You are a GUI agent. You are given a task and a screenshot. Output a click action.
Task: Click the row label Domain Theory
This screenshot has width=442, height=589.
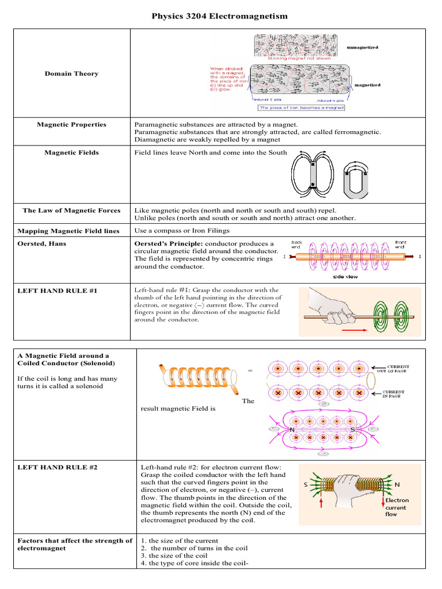pos(71,74)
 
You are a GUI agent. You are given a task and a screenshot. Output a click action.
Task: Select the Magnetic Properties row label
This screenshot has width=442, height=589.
pos(71,124)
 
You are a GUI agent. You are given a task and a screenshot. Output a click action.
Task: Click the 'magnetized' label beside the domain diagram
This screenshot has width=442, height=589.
pos(366,85)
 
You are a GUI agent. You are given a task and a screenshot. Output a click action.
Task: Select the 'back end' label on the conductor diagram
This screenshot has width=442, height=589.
pos(297,244)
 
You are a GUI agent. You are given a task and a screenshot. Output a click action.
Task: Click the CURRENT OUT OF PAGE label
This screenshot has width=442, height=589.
pos(398,369)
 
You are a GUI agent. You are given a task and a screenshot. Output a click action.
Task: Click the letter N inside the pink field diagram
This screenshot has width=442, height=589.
pos(292,430)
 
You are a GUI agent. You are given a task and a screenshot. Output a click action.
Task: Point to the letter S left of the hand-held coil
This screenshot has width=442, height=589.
pos(306,485)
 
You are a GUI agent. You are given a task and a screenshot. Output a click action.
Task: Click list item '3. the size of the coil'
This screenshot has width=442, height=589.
pos(173,556)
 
